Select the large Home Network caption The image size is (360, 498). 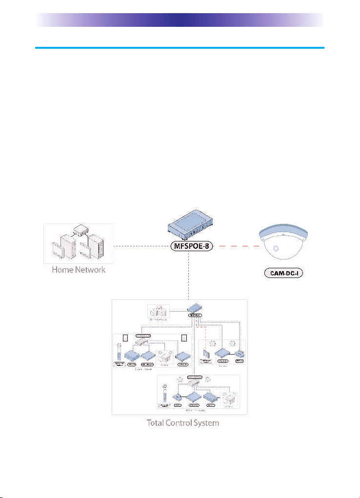(x=79, y=270)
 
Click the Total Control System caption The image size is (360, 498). (x=183, y=423)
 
